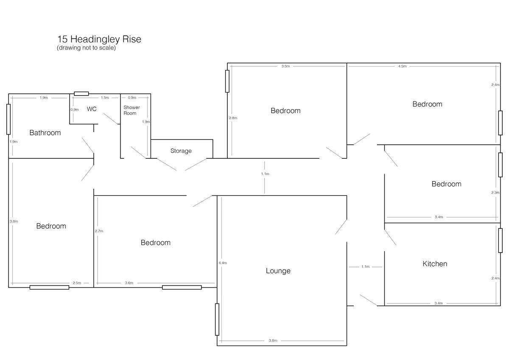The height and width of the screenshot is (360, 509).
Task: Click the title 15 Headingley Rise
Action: [x=99, y=39]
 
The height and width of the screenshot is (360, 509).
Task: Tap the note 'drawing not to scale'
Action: [x=87, y=48]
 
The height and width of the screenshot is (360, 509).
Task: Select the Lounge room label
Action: [x=278, y=271]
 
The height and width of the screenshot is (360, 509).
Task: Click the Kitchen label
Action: [x=435, y=264]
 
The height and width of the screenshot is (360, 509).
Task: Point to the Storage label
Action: [x=181, y=151]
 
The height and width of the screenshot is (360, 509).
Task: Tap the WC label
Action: [x=92, y=109]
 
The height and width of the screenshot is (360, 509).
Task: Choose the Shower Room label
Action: [x=131, y=110]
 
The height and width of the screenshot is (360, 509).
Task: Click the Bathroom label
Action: [x=45, y=133]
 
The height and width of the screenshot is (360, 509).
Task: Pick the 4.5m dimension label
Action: [x=402, y=66]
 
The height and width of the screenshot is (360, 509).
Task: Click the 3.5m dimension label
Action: [x=285, y=66]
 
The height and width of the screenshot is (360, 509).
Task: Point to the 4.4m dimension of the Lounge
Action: [x=223, y=263]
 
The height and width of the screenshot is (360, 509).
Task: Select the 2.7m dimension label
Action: [x=99, y=231]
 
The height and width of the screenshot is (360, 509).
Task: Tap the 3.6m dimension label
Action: [x=129, y=283]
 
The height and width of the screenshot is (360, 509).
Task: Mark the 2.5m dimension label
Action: [x=77, y=283]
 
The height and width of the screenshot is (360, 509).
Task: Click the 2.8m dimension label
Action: [x=233, y=118]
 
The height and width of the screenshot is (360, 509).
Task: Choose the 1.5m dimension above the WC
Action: [x=105, y=98]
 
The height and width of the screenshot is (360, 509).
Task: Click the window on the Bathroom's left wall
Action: [x=8, y=119]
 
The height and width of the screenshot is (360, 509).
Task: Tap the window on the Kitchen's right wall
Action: [x=501, y=241]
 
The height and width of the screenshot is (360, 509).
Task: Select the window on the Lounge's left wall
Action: [x=217, y=320]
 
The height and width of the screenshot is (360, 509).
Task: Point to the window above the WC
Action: [x=81, y=94]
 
